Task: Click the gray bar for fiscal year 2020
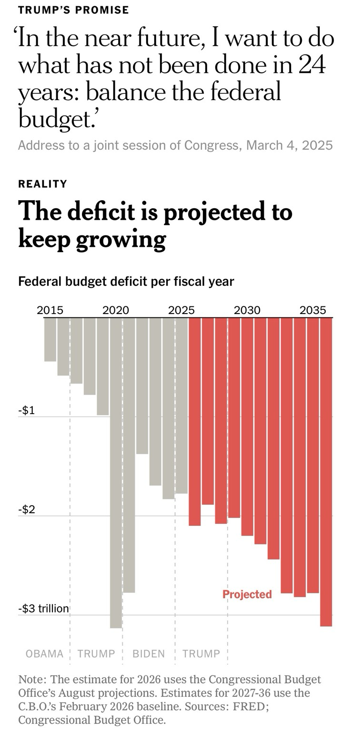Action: (x=116, y=473)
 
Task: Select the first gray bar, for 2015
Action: (x=50, y=339)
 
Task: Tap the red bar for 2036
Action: (x=326, y=472)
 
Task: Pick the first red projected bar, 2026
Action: (x=195, y=422)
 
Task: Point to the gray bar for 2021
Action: (x=129, y=455)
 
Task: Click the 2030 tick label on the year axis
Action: (x=247, y=310)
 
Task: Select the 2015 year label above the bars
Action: (x=50, y=310)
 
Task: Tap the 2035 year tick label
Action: (x=312, y=310)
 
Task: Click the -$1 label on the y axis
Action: (x=27, y=410)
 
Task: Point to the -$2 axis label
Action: (x=27, y=509)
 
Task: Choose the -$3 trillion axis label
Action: (x=43, y=609)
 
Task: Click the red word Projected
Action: (x=247, y=594)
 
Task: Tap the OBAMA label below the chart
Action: (x=44, y=653)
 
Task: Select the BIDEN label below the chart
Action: (x=149, y=653)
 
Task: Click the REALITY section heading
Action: (x=42, y=183)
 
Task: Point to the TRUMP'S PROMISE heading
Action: (x=73, y=10)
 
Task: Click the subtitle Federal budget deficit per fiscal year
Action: (x=126, y=281)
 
